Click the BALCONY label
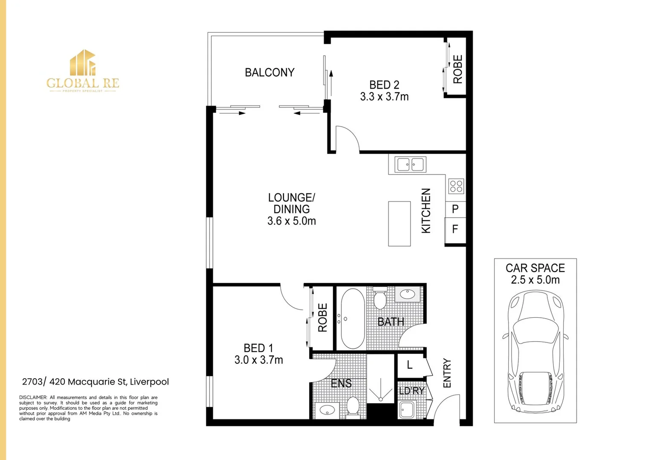pos(270,72)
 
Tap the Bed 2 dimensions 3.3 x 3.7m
pos(384,96)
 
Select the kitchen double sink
pos(411,165)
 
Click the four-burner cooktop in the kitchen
pos(456,186)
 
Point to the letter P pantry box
pos(455,210)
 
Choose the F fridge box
pos(455,230)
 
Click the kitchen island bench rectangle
pos(399,224)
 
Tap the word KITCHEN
pos(426,210)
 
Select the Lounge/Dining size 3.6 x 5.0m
pos(292,221)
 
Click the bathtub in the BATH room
pos(353,319)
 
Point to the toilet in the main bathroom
pos(379,298)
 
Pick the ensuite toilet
pos(353,407)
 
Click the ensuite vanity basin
pos(327,411)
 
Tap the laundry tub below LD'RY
pos(407,409)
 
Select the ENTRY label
pos(447,373)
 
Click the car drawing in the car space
pos(535,351)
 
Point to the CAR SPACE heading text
pos(535,268)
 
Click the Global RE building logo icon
pos(83,63)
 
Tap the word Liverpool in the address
pos(149,382)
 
